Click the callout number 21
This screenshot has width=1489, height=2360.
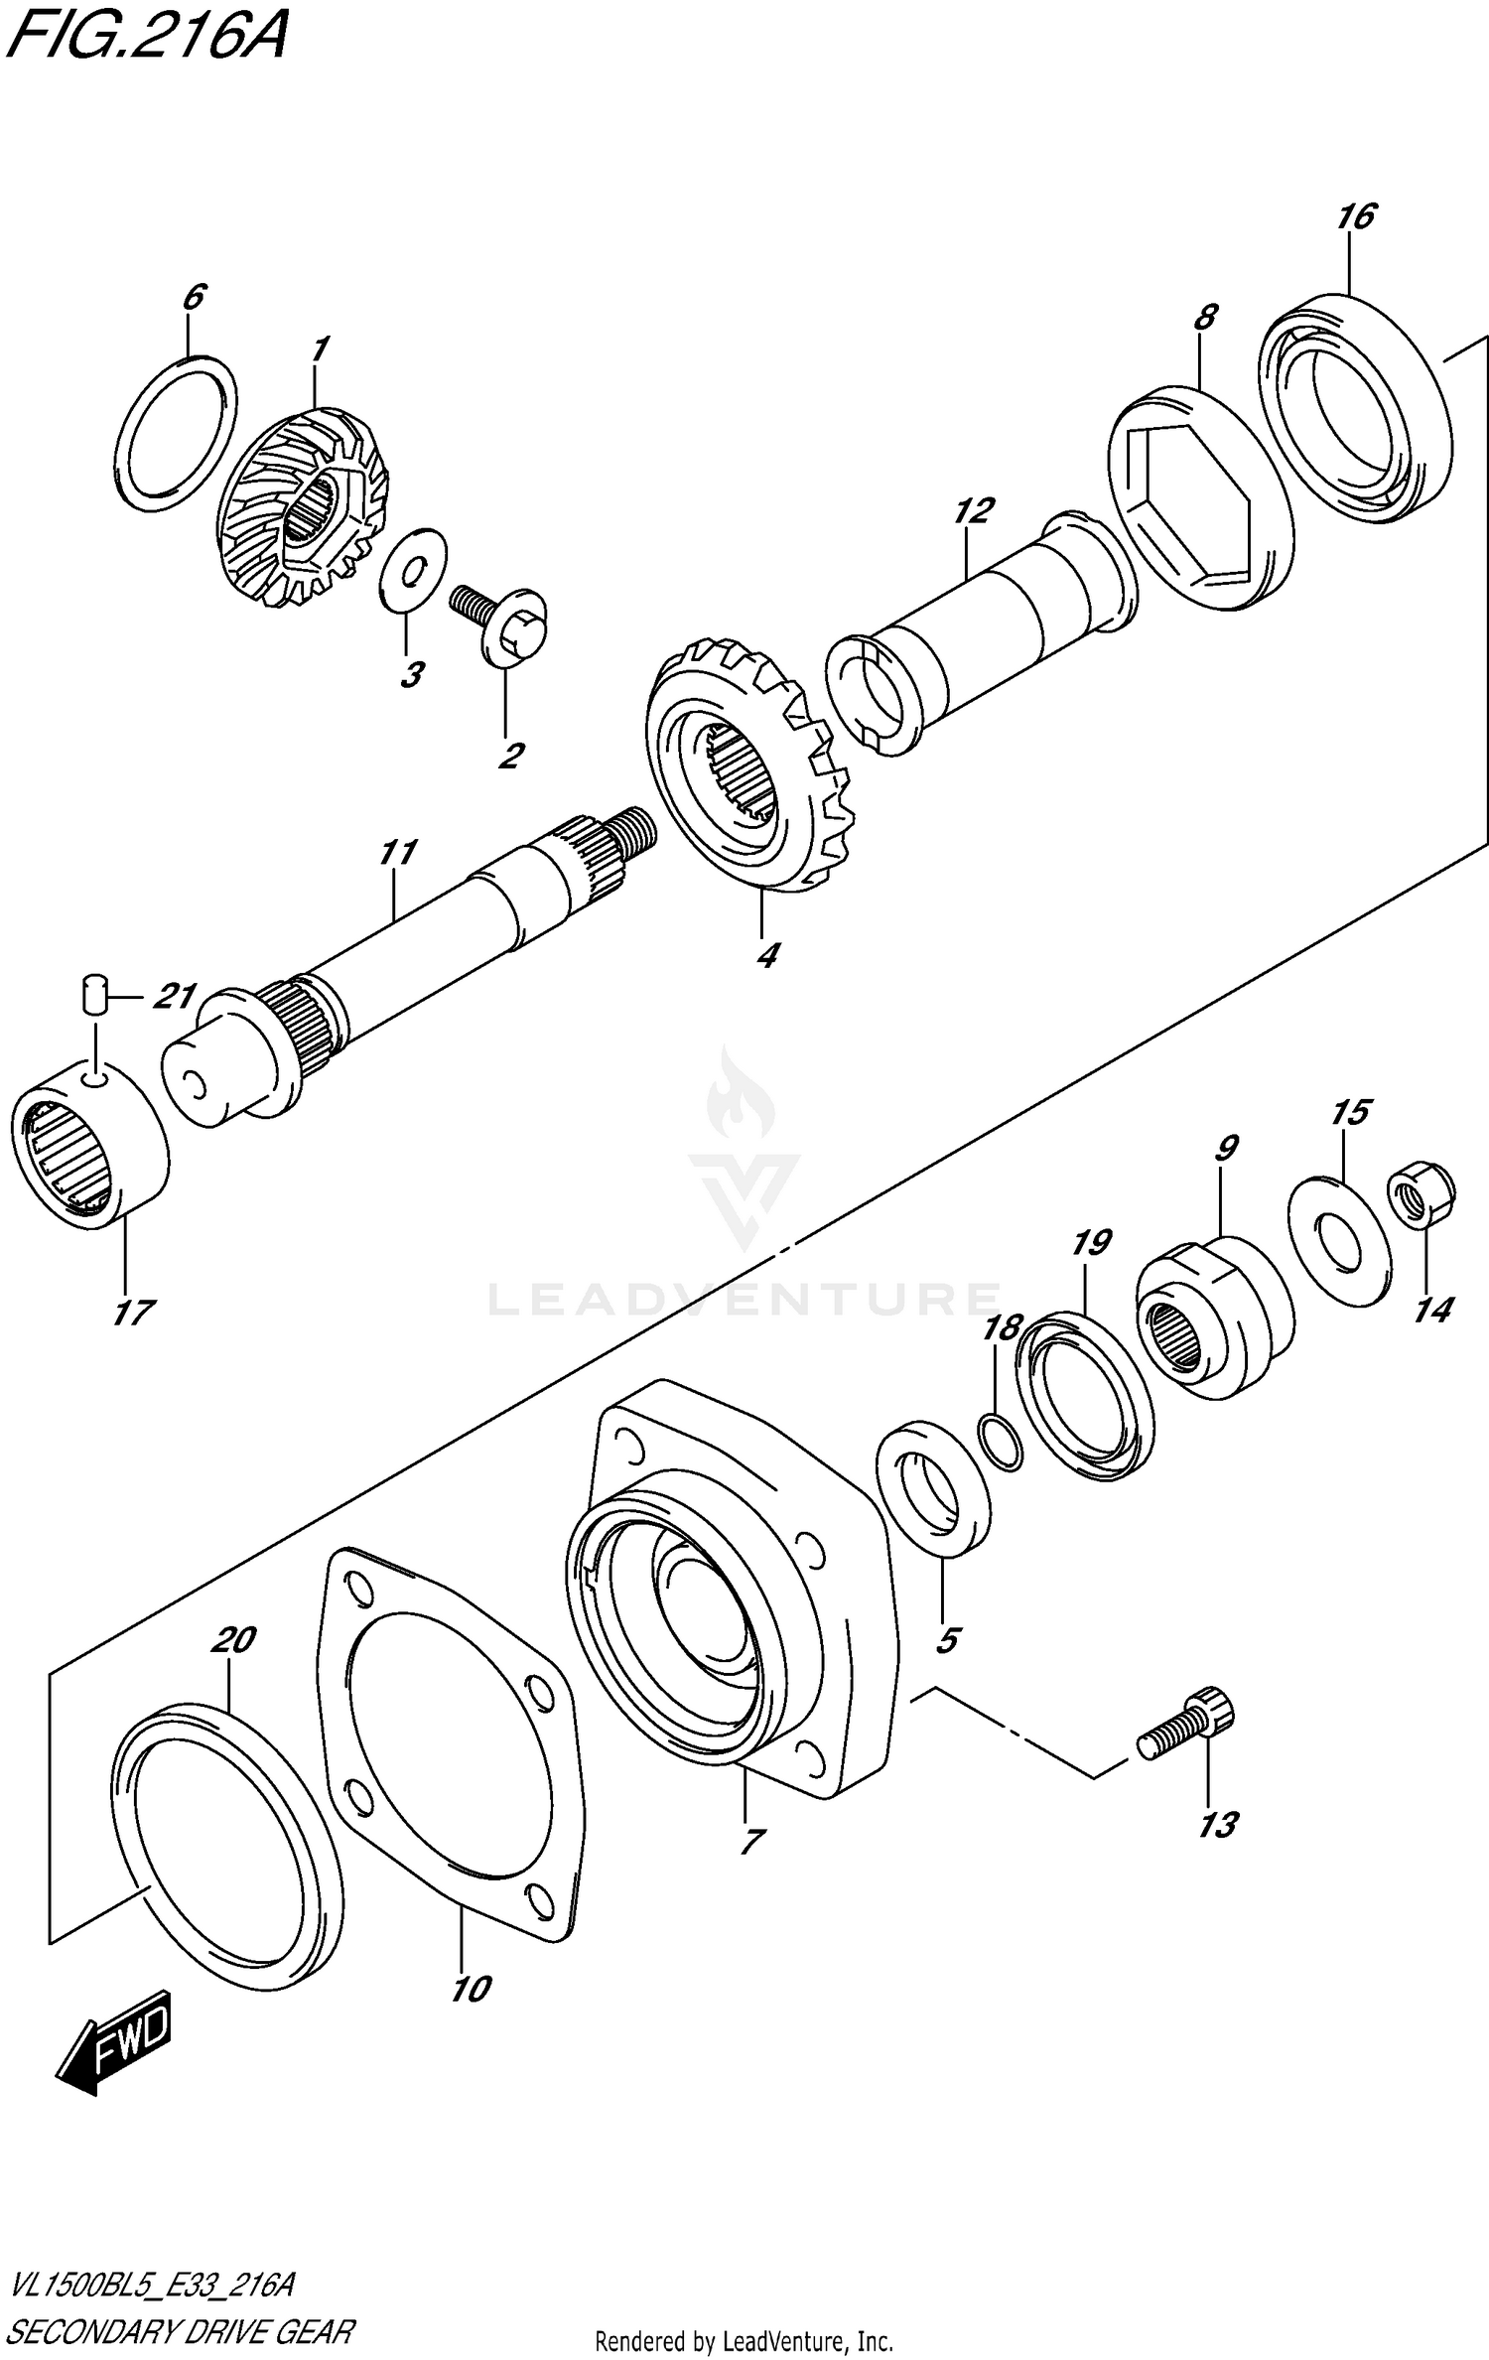pyautogui.click(x=175, y=995)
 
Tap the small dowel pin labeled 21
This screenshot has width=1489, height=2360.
pyautogui.click(x=93, y=993)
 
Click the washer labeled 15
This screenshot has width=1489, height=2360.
pyautogui.click(x=1337, y=1239)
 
